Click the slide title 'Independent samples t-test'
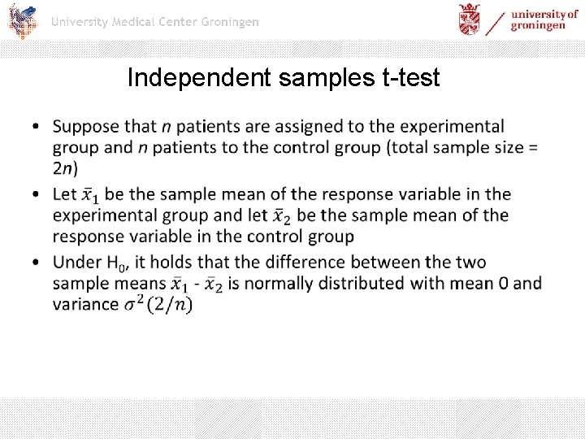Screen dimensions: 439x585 click(284, 78)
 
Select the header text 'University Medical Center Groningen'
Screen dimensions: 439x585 click(155, 22)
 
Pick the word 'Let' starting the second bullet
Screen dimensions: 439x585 click(65, 194)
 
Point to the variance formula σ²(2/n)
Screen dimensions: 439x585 click(158, 304)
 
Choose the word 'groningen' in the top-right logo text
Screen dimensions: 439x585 click(538, 25)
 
